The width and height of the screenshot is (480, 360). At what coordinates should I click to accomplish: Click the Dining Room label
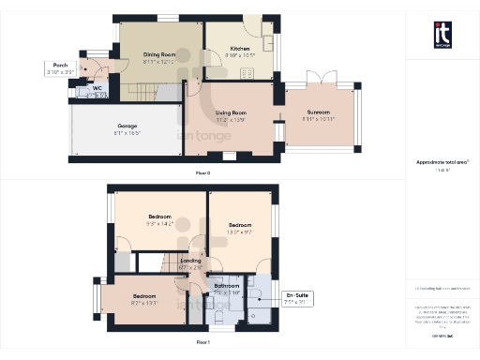(159, 54)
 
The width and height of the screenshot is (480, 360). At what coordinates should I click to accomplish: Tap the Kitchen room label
(240, 47)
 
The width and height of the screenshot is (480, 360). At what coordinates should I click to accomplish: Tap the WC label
(97, 90)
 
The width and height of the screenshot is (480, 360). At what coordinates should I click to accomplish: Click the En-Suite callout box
(298, 299)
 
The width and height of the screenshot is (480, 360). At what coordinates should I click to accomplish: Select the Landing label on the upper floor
(190, 262)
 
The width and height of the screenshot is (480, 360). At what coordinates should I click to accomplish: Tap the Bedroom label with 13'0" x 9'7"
(241, 225)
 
